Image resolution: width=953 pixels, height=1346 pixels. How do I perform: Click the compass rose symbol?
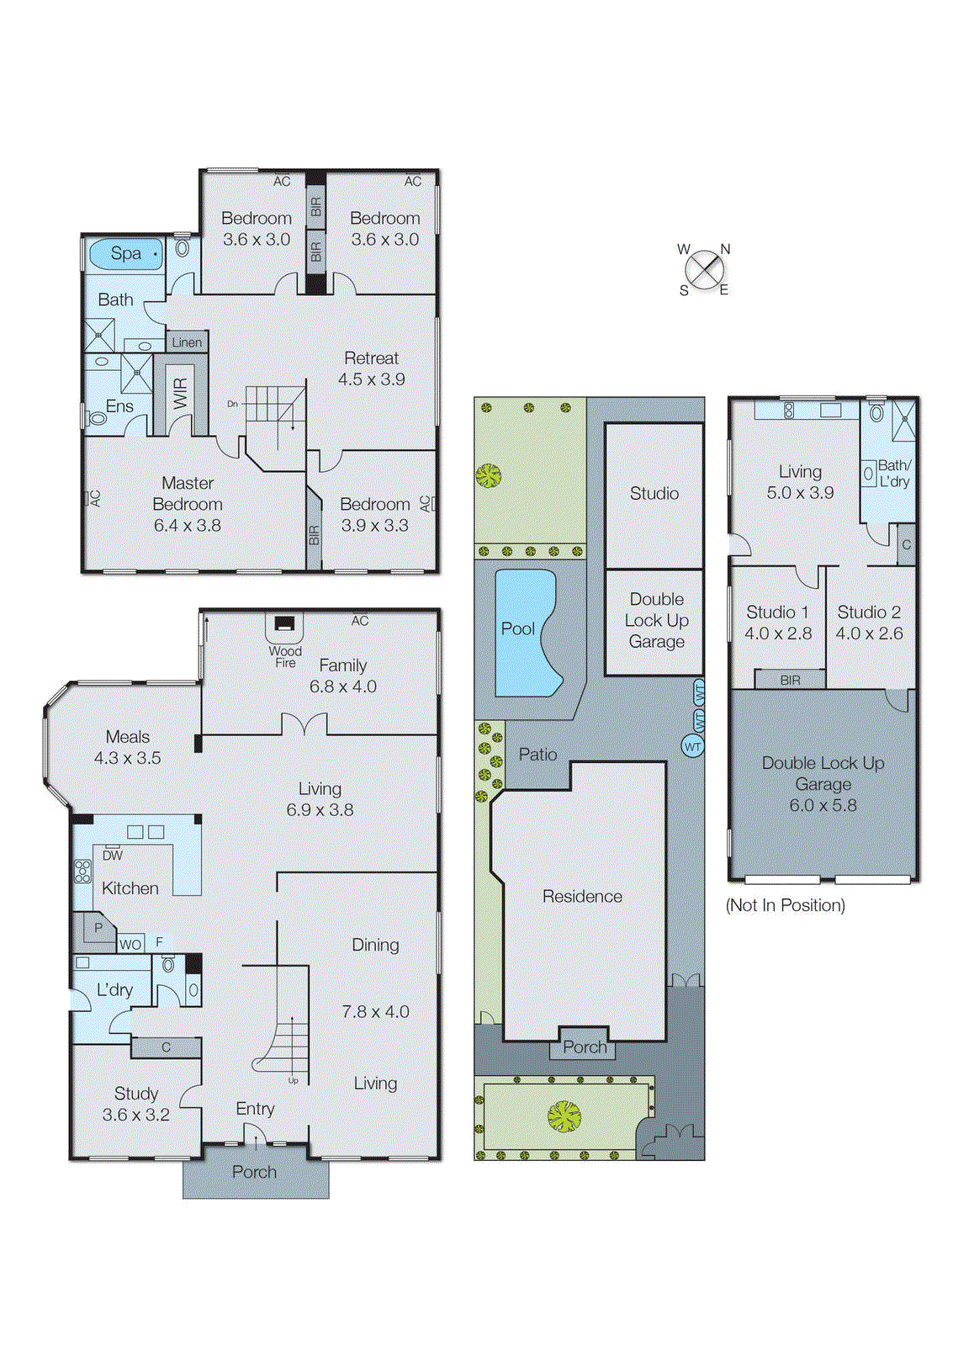pos(704,270)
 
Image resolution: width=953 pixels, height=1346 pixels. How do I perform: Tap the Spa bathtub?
pos(125,253)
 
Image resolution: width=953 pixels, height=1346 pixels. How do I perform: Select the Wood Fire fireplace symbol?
pos(285,625)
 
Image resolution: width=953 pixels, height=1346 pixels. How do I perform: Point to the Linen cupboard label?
pos(187,342)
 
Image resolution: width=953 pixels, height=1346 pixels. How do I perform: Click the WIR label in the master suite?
pos(180,393)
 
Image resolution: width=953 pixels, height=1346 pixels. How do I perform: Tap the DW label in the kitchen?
pos(113,856)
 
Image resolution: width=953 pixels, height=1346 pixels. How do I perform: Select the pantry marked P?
pos(98,928)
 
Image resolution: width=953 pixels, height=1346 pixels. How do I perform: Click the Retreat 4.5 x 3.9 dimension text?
pos(372,379)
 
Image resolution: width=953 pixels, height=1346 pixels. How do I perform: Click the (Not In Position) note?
pos(786,905)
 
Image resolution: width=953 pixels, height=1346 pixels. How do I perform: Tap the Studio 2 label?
pos(869,612)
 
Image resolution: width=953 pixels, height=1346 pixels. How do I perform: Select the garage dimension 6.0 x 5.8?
pos(823,805)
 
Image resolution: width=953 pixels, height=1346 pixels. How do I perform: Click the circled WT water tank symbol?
pos(692,746)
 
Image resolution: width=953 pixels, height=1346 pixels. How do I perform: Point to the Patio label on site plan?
pos(537,755)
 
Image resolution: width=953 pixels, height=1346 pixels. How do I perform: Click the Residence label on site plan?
pos(582,897)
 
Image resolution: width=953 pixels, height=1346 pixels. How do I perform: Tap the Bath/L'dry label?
pos(893,474)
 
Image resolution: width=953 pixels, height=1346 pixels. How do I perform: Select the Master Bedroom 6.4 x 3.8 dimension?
pos(187,526)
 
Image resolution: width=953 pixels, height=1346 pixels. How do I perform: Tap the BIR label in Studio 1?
pos(790,680)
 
